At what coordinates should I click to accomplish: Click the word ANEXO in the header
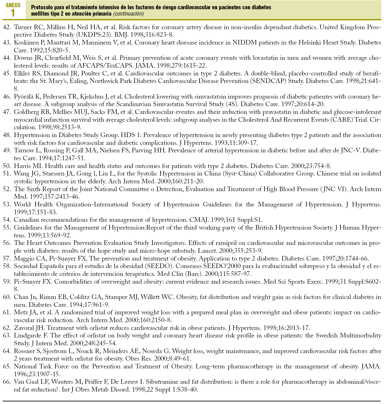(13, 5)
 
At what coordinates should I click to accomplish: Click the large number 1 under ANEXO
(13, 13)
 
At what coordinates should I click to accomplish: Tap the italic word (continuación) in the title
(128, 14)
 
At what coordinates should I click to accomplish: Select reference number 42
(7, 27)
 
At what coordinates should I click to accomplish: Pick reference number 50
(7, 166)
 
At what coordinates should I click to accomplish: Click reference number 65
(7, 367)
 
